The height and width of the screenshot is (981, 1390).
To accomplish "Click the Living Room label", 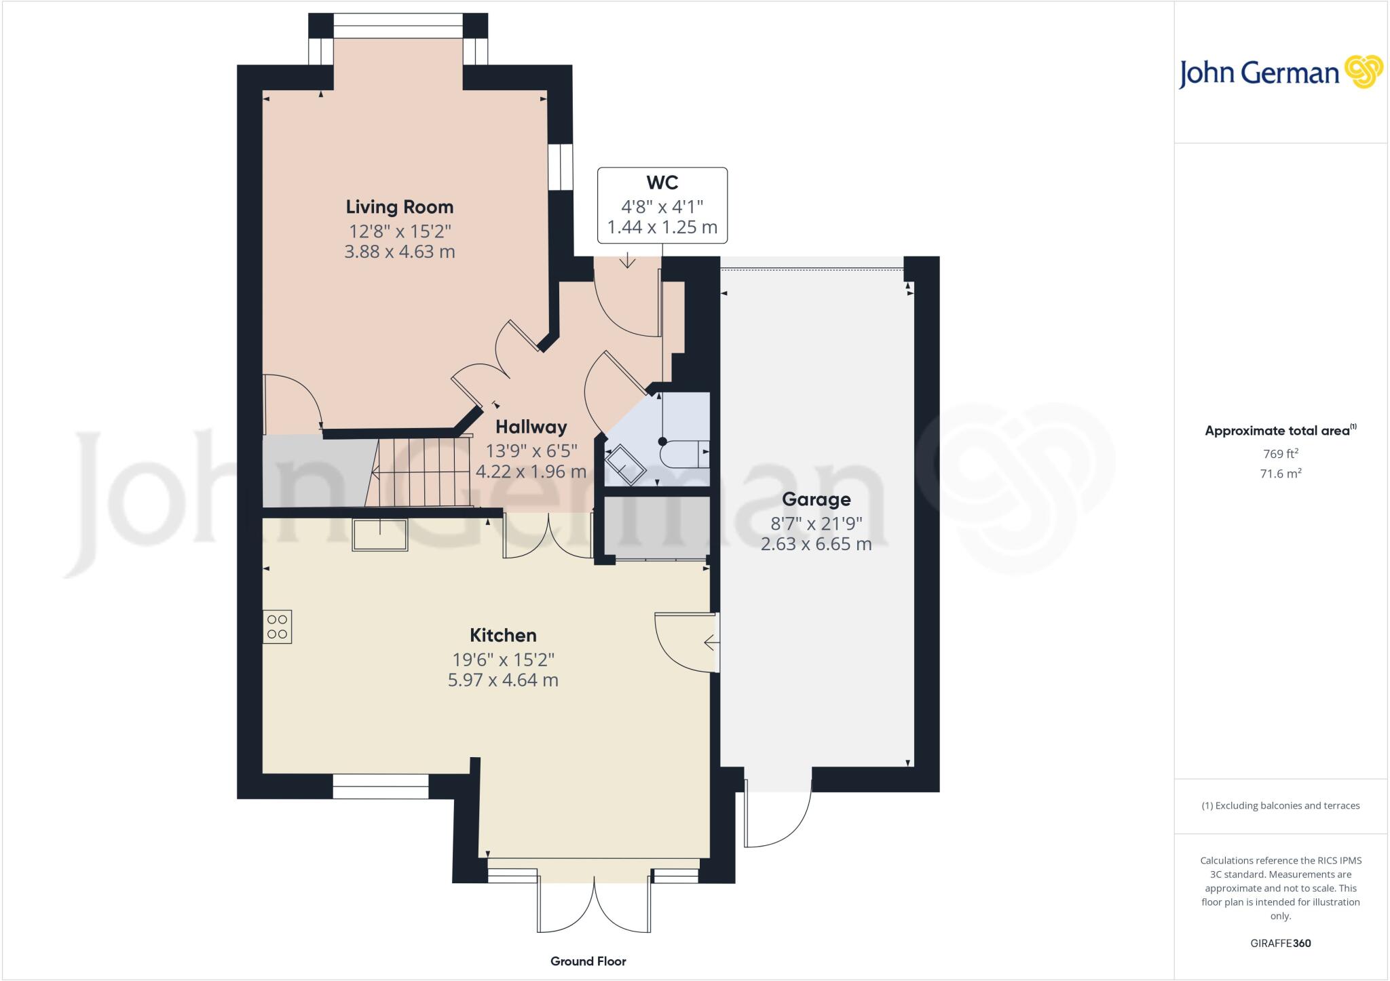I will pos(399,207).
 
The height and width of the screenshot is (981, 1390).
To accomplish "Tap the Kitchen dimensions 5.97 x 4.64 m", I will pos(503,680).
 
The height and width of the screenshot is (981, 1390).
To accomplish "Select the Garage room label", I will pos(816,499).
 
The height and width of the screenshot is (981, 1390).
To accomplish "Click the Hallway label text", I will pos(531,427).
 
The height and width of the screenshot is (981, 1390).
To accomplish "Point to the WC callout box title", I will pos(662,182).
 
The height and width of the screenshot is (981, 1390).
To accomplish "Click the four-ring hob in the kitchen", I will pos(277,627).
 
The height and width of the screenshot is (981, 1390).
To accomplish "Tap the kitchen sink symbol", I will pos(379,535).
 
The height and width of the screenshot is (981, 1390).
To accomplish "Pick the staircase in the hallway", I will pos(421,472).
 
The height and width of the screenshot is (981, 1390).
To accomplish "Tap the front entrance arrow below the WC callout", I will pos(627,261).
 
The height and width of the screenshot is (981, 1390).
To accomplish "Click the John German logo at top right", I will pos(1280,73).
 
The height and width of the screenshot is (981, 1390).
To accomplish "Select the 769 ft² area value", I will pos(1280,453).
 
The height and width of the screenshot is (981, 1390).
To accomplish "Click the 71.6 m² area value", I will pos(1280,474).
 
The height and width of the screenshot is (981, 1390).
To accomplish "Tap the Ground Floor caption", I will pos(588,961).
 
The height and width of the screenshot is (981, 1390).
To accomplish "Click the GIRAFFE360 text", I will pos(1280,943).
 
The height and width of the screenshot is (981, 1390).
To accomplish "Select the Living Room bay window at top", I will pos(398,31).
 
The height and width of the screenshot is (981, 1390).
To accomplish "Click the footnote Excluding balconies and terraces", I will pos(1280,806).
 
